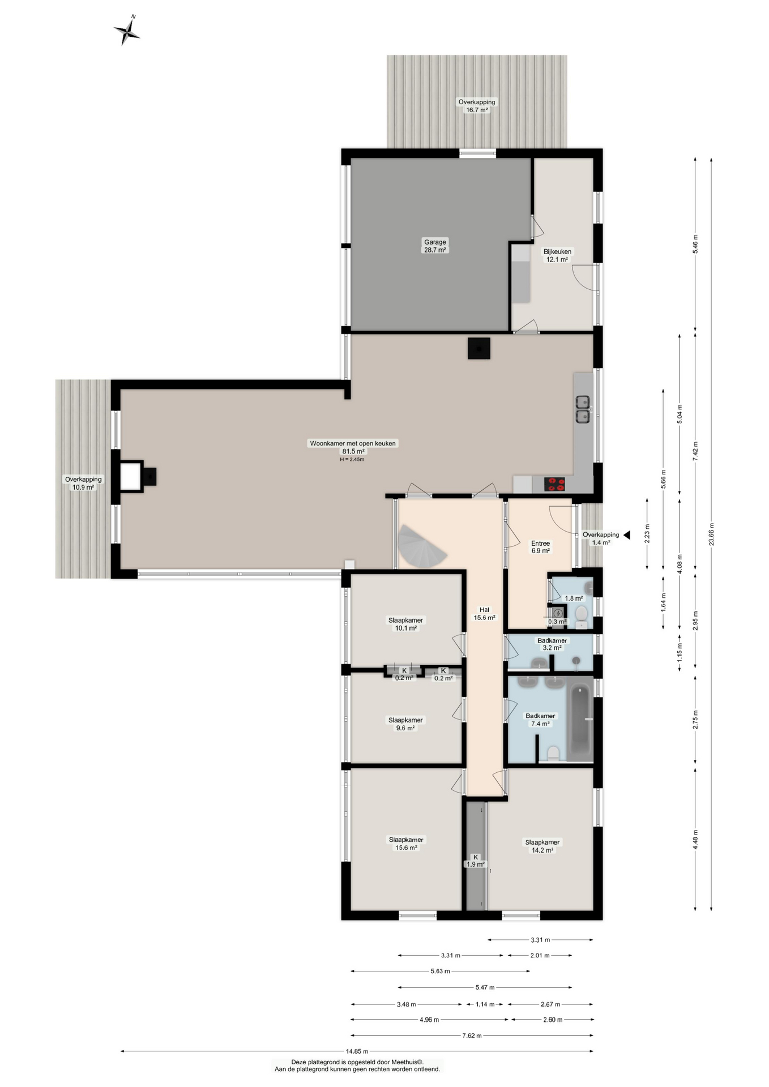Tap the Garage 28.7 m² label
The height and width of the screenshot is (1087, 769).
(435, 246)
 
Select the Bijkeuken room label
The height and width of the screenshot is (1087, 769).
(557, 251)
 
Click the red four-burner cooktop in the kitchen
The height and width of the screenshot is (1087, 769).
(554, 484)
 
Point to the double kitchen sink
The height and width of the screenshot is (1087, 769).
(583, 409)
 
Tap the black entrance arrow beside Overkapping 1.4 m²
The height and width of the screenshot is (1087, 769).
(626, 535)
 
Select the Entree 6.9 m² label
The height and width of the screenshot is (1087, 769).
(540, 547)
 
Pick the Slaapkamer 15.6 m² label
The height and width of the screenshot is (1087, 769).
(405, 844)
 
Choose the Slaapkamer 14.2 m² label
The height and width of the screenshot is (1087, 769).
(542, 846)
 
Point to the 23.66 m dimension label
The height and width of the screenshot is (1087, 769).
(711, 534)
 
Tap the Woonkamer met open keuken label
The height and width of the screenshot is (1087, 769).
(353, 443)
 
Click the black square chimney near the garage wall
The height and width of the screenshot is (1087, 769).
(479, 348)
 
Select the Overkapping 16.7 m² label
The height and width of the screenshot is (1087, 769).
(477, 106)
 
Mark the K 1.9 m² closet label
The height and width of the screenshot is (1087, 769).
(476, 861)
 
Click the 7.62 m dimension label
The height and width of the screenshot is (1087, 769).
(472, 1035)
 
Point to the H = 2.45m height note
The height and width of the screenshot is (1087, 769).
(352, 459)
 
